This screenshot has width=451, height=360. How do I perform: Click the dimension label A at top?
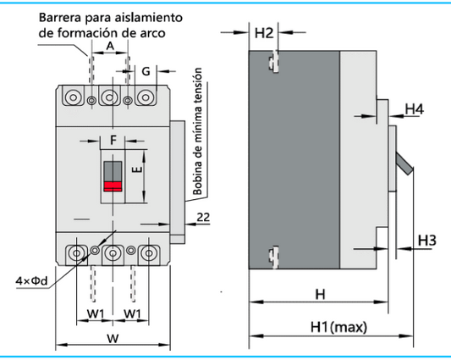click(x=110, y=46)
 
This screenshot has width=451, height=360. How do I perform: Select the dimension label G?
click(x=146, y=72)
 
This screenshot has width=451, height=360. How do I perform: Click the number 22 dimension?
click(x=203, y=218)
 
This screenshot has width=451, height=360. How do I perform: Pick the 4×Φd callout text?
click(x=29, y=280)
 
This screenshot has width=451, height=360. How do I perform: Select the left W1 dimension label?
click(x=96, y=314)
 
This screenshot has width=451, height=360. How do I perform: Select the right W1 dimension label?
click(x=132, y=314)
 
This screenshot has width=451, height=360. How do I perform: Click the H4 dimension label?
click(x=414, y=109)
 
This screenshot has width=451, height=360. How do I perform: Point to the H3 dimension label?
click(x=426, y=241)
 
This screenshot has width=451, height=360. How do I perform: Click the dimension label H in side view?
click(x=319, y=294)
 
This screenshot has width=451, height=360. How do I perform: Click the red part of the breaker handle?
click(x=112, y=186)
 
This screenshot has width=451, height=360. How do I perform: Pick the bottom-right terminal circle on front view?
click(x=149, y=252)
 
